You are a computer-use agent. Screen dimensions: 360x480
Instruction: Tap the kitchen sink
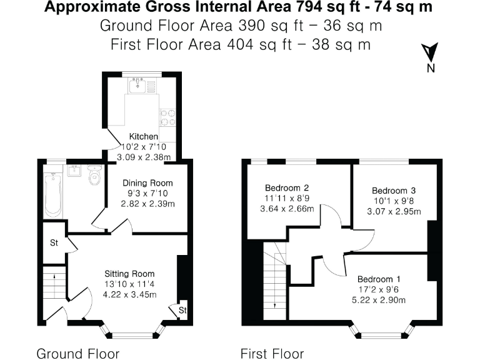137,86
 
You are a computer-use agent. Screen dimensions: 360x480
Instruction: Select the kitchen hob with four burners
168,117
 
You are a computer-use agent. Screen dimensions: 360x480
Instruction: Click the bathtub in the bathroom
53,194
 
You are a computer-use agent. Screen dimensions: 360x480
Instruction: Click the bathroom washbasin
74,171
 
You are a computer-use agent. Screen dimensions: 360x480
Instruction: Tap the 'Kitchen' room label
143,136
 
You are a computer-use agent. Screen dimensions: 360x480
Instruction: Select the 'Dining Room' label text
147,182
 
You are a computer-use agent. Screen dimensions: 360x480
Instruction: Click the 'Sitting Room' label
129,274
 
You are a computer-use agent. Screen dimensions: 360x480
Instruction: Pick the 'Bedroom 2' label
287,187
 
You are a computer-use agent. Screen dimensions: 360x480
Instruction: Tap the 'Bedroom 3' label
394,191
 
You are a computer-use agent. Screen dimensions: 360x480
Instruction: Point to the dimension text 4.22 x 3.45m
129,295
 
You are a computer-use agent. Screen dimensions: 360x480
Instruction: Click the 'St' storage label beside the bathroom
54,243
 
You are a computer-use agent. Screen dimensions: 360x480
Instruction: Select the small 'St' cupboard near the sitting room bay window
182,310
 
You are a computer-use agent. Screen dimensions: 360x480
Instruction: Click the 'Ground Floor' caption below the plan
77,354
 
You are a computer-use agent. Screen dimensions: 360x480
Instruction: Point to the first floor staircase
274,281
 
